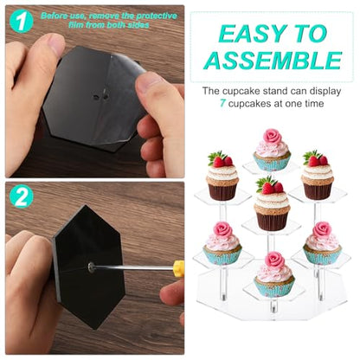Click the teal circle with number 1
22,21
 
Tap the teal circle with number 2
22,196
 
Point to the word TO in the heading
310,34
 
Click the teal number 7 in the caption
222,103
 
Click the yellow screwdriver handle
179,268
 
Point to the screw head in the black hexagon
92,267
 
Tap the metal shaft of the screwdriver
135,268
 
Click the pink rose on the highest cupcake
272,137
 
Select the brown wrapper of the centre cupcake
272,221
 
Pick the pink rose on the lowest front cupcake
275,260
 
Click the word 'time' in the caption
313,103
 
